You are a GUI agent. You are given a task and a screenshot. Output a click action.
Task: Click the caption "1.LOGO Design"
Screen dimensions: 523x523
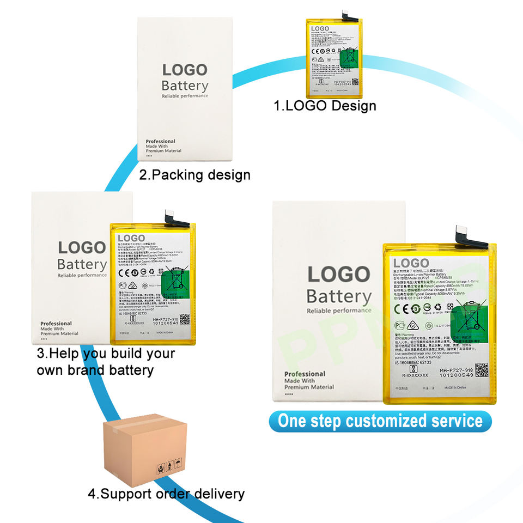[x=325, y=105]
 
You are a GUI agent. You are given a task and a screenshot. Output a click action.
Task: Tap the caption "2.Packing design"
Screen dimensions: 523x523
[x=194, y=175]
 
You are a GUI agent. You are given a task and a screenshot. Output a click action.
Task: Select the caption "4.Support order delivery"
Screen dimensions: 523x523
[x=166, y=494]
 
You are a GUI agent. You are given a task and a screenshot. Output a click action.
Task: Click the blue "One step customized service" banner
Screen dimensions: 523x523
[x=380, y=421]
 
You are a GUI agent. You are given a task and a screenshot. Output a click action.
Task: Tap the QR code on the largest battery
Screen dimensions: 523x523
[x=482, y=370]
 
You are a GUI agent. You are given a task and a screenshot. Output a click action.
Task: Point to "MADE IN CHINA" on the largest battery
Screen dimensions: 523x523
[x=455, y=388]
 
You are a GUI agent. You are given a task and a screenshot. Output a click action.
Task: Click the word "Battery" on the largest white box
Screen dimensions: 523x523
[x=339, y=297]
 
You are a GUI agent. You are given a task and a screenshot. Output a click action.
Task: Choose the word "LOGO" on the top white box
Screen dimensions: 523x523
[x=185, y=70]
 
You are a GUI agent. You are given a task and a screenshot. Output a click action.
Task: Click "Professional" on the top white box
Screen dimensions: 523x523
[x=161, y=142]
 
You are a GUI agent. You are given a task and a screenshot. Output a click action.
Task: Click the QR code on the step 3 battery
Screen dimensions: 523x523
[x=185, y=319]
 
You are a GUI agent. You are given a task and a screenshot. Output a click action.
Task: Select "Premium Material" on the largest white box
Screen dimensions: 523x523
[x=309, y=387]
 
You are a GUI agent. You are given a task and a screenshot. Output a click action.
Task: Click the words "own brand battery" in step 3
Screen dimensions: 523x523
[x=95, y=370]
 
